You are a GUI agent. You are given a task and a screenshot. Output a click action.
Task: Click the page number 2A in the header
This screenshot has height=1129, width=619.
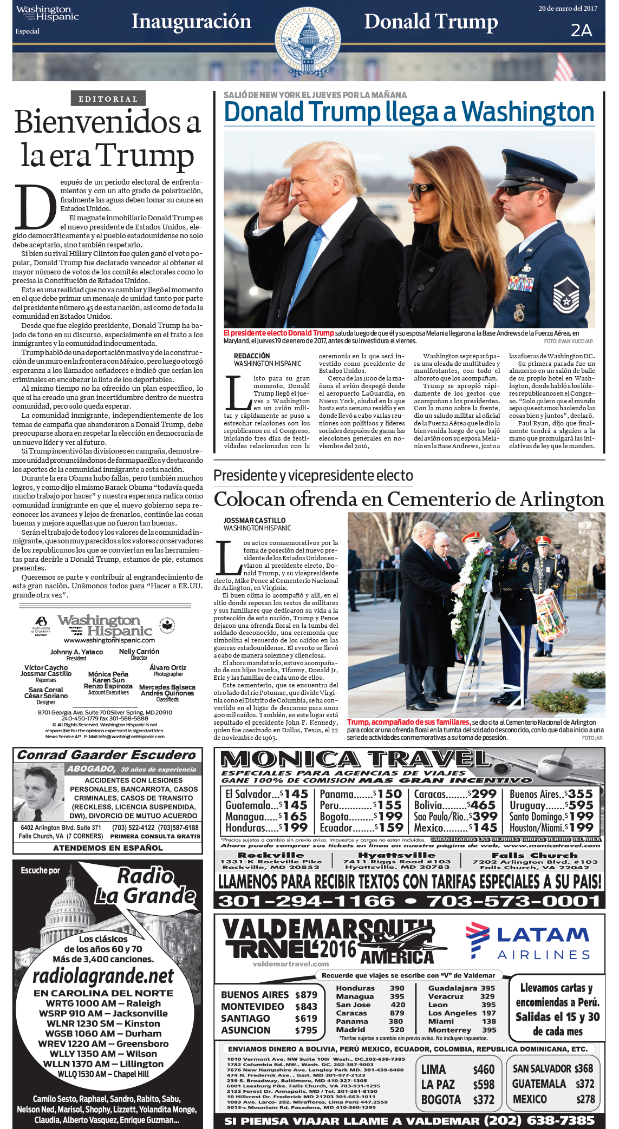581,31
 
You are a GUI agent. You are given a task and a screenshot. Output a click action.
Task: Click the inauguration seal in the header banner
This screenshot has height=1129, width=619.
308,40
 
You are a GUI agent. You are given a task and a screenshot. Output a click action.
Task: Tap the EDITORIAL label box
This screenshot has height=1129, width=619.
108,99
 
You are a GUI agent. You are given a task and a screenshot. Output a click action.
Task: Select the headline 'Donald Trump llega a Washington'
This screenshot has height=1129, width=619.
409,112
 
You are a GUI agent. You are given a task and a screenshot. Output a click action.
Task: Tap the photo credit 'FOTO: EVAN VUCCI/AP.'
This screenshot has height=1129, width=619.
568,342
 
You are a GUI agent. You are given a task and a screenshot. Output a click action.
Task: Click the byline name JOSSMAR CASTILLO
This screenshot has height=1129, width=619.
255,520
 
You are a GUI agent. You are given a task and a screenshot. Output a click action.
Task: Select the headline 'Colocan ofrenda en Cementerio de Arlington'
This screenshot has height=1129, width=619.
409,499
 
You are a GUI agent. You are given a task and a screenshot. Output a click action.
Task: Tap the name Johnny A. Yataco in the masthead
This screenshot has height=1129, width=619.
76,652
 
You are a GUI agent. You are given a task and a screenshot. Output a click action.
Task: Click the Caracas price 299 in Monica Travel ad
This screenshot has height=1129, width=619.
484,794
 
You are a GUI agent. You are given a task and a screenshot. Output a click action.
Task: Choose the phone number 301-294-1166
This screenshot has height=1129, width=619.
307,901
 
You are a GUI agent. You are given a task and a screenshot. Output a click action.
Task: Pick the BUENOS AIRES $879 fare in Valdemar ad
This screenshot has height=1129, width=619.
269,995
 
